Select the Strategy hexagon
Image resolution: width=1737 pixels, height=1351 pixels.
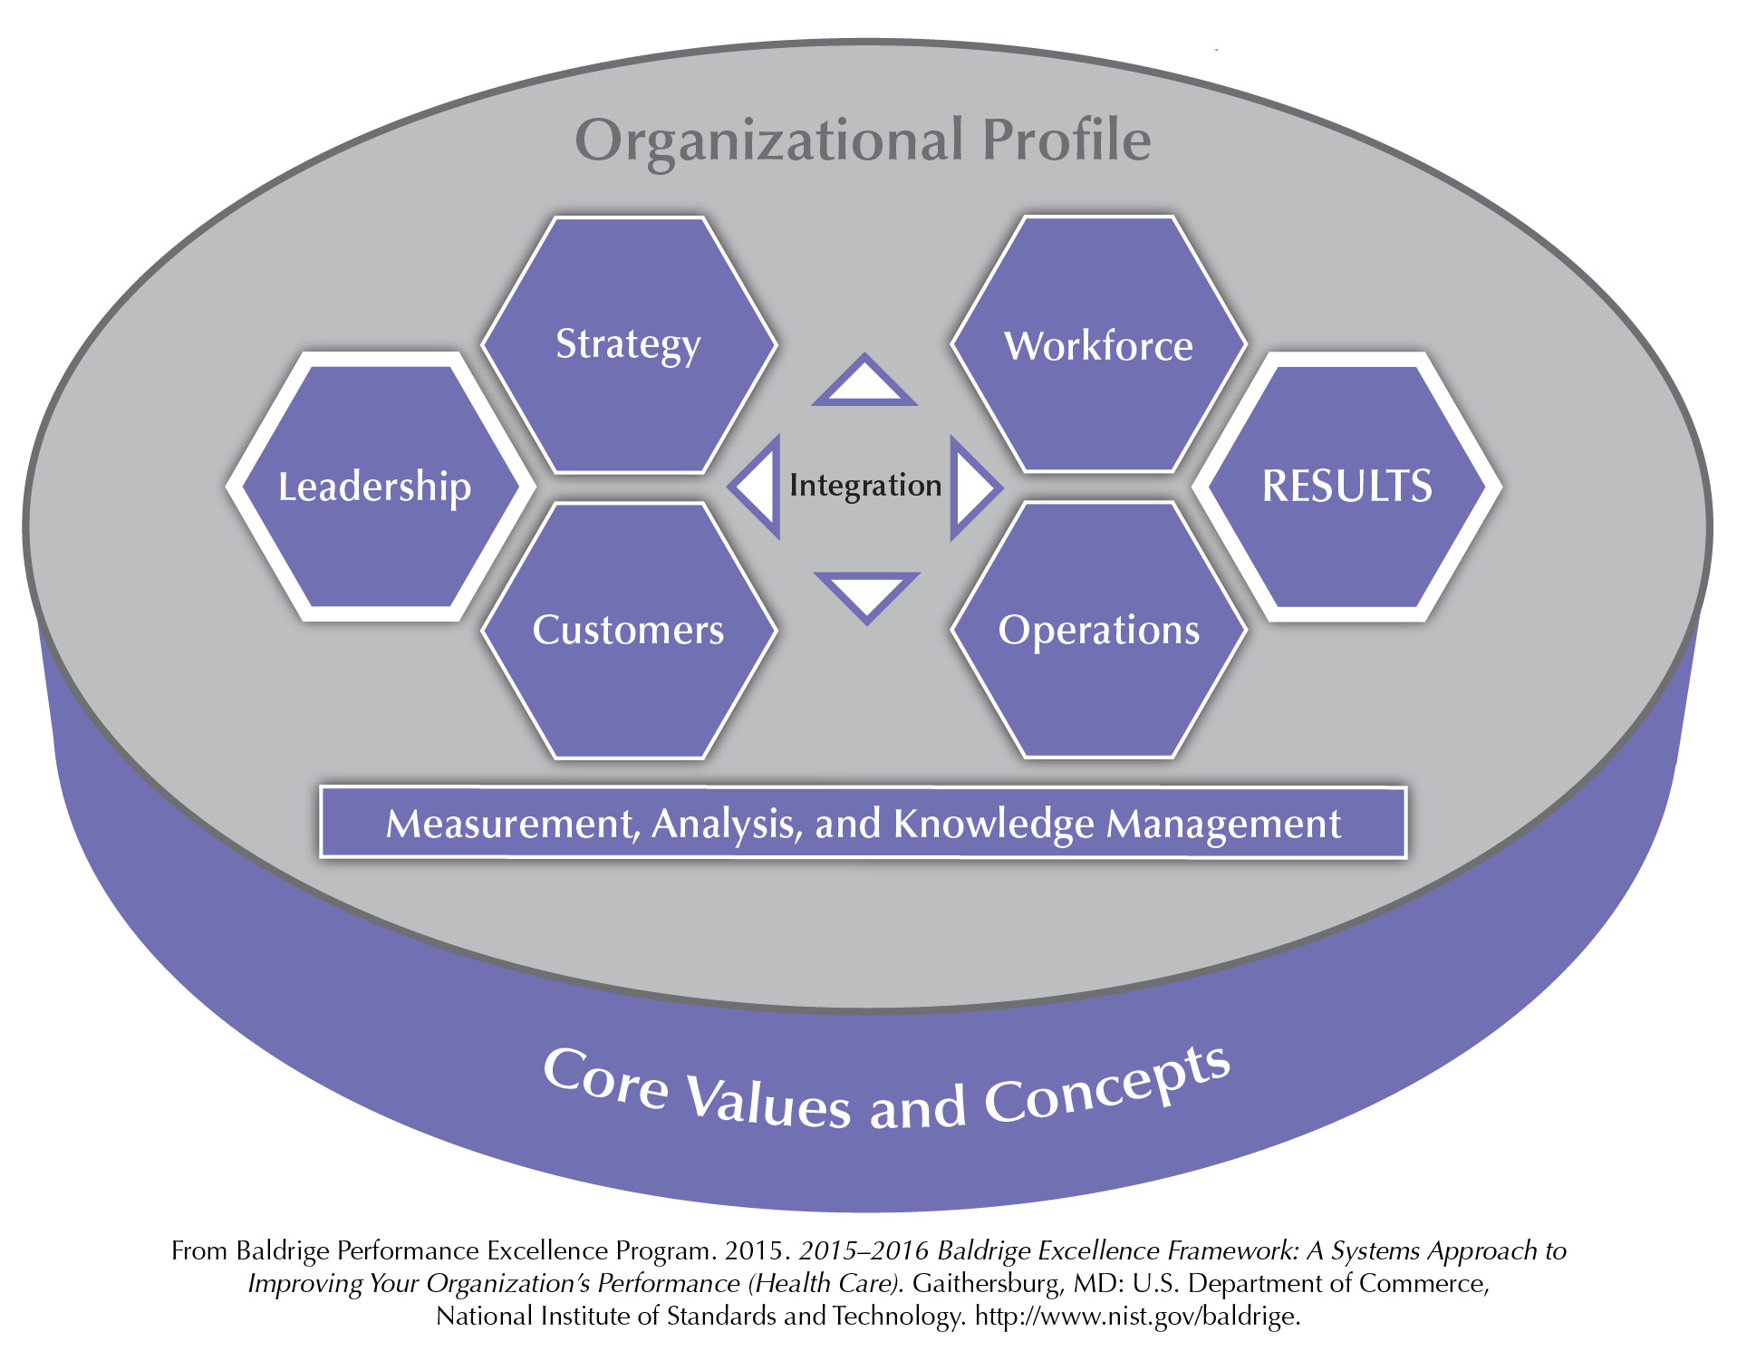point(629,344)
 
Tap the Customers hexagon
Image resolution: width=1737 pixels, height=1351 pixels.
point(629,630)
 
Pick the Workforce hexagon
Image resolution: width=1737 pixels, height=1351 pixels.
point(1099,344)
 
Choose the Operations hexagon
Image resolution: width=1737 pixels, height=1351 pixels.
point(1099,630)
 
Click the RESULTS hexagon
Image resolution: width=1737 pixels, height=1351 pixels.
point(1347,487)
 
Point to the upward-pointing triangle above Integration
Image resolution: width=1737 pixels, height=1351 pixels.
point(864,380)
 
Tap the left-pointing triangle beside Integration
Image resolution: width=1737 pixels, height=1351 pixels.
point(754,487)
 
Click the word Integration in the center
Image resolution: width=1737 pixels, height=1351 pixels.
point(865,486)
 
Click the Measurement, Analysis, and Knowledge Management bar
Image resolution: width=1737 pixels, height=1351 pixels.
point(864,823)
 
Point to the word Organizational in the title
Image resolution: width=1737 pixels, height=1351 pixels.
point(769,141)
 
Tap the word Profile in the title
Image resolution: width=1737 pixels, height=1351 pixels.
point(1067,140)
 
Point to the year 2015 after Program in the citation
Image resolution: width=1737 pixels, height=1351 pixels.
point(754,1250)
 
